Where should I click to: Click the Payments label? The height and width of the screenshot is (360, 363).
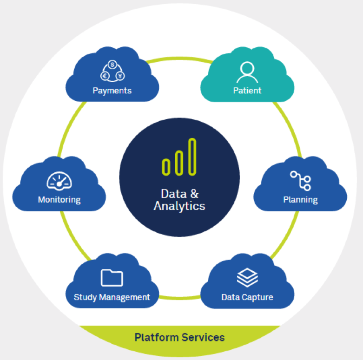tap(112, 90)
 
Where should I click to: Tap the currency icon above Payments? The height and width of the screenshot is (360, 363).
tap(112, 71)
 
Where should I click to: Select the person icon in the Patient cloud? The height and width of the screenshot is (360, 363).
tap(247, 72)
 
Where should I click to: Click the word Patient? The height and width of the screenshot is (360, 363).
tap(247, 90)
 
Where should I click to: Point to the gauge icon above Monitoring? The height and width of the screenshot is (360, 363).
tap(59, 181)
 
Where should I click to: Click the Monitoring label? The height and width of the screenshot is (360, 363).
tap(59, 200)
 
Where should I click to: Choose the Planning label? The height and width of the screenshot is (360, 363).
tap(300, 200)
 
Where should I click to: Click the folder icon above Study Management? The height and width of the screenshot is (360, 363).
tap(112, 278)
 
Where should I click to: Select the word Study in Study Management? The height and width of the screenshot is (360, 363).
tap(84, 297)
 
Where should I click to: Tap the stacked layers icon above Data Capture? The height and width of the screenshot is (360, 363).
tap(247, 277)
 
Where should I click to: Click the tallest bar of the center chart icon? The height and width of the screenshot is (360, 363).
tap(192, 157)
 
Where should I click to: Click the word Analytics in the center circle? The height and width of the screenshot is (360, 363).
tap(179, 206)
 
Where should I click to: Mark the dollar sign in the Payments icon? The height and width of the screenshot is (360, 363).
tap(112, 65)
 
